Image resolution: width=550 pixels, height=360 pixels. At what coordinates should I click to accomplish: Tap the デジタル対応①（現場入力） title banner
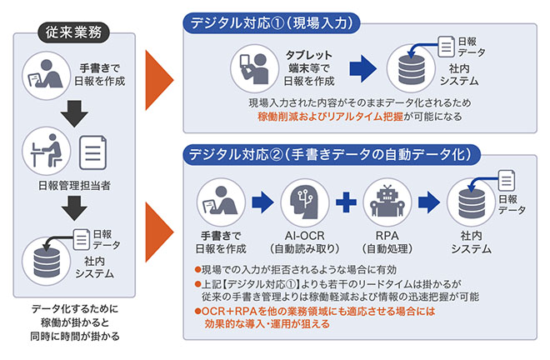[x=272, y=22]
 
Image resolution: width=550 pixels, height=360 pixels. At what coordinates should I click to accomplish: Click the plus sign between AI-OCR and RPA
[x=345, y=202]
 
